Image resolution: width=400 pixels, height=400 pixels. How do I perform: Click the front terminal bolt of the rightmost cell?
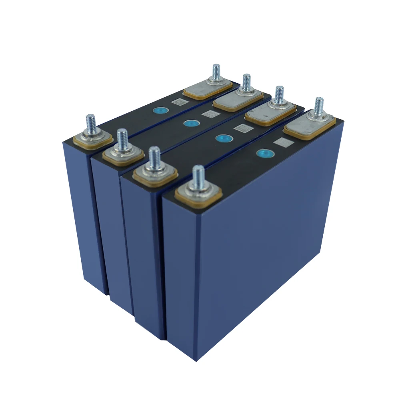click(198, 180)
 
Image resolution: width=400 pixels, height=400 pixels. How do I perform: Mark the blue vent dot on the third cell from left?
click(220, 138)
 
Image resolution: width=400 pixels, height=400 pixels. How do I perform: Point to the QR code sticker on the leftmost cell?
click(178, 102)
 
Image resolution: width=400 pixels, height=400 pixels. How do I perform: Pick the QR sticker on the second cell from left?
click(209, 114)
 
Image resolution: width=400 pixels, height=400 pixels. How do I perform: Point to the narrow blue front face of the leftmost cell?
click(86, 216)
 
